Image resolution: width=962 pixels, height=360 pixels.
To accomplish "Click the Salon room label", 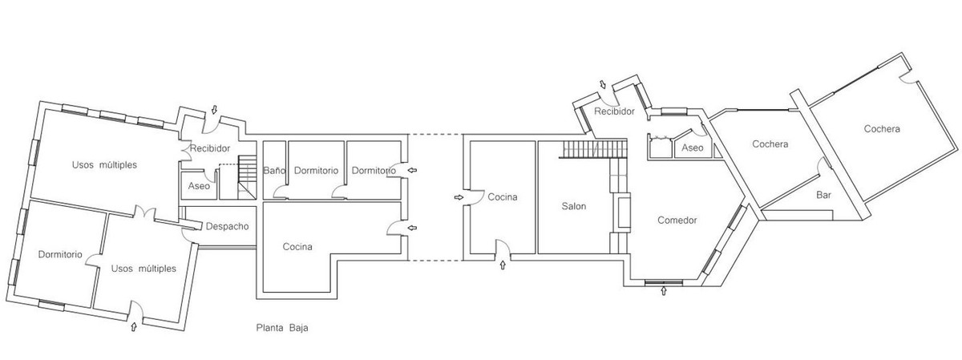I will coord(574,206).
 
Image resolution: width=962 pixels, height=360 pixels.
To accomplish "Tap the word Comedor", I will coord(677,220).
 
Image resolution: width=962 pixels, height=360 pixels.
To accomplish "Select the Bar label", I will coord(823,195).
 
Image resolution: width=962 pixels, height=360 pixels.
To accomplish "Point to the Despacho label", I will coord(227,226).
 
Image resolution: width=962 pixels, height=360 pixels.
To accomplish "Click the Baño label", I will coord(273,171).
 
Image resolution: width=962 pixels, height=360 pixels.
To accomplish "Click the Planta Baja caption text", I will coord(282,328).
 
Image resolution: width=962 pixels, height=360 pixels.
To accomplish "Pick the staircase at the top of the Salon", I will coord(593,150).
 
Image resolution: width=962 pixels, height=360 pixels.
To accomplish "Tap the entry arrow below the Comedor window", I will coord(664,292).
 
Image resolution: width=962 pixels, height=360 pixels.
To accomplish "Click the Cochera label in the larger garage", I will coord(882,129).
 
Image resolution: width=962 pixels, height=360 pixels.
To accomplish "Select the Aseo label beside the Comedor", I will coord(692,148).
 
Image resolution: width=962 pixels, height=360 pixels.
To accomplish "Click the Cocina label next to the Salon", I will coord(503,197).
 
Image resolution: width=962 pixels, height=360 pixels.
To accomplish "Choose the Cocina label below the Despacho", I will coord(297,247).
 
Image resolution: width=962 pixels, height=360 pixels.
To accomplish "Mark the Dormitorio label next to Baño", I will coord(316,171).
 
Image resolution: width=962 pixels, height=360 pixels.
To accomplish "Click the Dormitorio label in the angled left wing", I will coord(60,254).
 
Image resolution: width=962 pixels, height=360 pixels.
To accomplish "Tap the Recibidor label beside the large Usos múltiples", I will coord(210,148).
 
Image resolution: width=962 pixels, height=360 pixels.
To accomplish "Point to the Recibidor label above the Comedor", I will coord(614,111).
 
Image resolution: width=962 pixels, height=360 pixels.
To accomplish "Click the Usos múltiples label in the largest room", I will coord(104,165).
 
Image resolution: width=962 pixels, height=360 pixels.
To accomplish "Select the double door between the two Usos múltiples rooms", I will coord(143,212).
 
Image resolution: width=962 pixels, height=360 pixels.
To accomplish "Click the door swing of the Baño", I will coord(281,191).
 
